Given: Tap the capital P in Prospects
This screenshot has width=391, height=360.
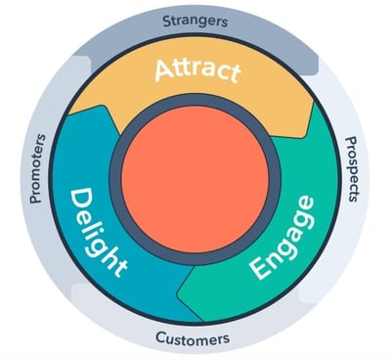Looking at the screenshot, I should point(354,142).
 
